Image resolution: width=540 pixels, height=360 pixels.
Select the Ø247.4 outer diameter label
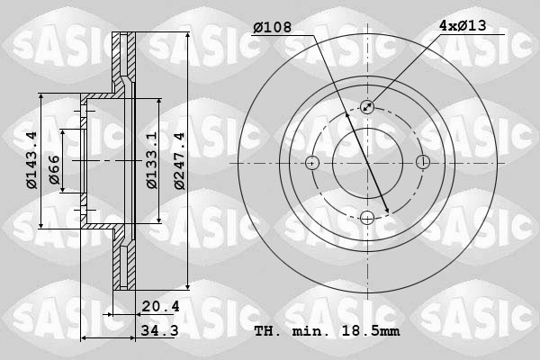[180, 161]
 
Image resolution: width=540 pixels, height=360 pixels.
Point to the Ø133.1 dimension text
[151, 161]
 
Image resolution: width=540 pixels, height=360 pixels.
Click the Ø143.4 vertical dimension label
[31, 161]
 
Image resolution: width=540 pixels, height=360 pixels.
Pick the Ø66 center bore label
[54, 170]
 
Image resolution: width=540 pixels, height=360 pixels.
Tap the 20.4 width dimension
[161, 306]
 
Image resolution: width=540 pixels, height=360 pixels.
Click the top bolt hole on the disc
[367, 107]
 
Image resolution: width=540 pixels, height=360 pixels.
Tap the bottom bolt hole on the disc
[367, 217]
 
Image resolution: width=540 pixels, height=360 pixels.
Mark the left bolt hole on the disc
[312, 163]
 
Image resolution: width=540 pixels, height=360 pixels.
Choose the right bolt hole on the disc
[422, 163]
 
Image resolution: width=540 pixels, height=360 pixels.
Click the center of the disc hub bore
[367, 163]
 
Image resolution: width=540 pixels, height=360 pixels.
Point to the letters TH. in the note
[269, 331]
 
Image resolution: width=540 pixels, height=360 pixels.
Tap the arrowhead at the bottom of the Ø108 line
[386, 211]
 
